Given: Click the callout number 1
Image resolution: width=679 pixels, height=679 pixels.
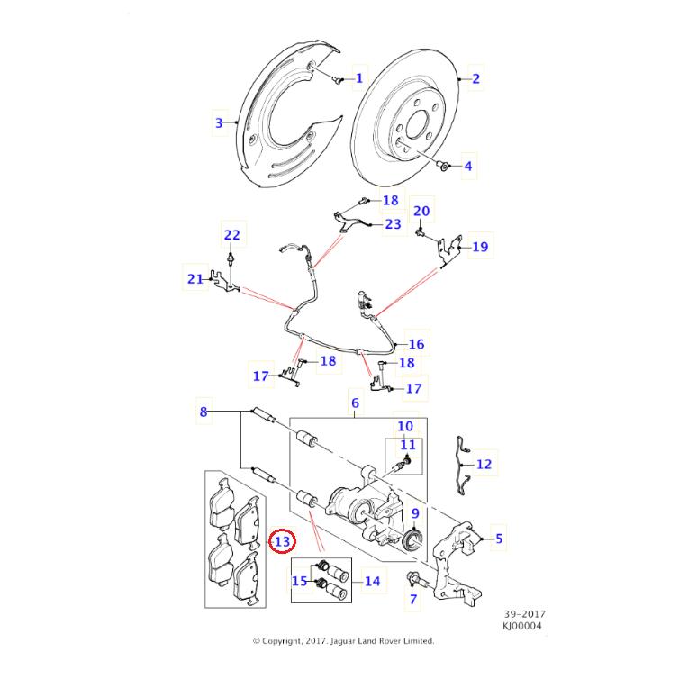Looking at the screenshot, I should [358, 78].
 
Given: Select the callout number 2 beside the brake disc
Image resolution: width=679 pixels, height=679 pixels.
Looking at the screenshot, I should [476, 79].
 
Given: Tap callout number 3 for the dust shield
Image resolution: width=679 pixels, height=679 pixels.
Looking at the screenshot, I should [218, 122].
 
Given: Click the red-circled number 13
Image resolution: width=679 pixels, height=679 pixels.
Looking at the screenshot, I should [283, 542].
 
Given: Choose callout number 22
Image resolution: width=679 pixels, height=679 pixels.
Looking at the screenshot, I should [231, 236].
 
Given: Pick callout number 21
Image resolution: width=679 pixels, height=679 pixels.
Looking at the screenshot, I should [195, 279].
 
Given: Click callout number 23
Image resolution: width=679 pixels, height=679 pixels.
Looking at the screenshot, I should [393, 224].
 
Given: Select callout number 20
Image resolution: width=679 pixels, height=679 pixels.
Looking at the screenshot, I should [421, 212].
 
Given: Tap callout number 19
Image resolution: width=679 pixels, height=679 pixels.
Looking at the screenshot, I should [479, 246].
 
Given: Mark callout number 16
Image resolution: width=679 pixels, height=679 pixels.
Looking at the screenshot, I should [416, 344].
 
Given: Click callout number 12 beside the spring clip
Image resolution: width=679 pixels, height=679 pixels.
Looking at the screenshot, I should [484, 465].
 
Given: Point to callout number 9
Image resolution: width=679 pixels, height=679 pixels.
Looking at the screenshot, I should [415, 514].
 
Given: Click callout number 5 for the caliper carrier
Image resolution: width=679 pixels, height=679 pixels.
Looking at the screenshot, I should [499, 539].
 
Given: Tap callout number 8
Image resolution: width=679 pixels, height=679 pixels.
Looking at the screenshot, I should [204, 412].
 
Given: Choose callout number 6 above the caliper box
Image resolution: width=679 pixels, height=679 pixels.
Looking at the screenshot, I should [355, 404].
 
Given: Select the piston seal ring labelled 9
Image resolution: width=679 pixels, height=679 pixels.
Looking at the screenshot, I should [413, 539].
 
